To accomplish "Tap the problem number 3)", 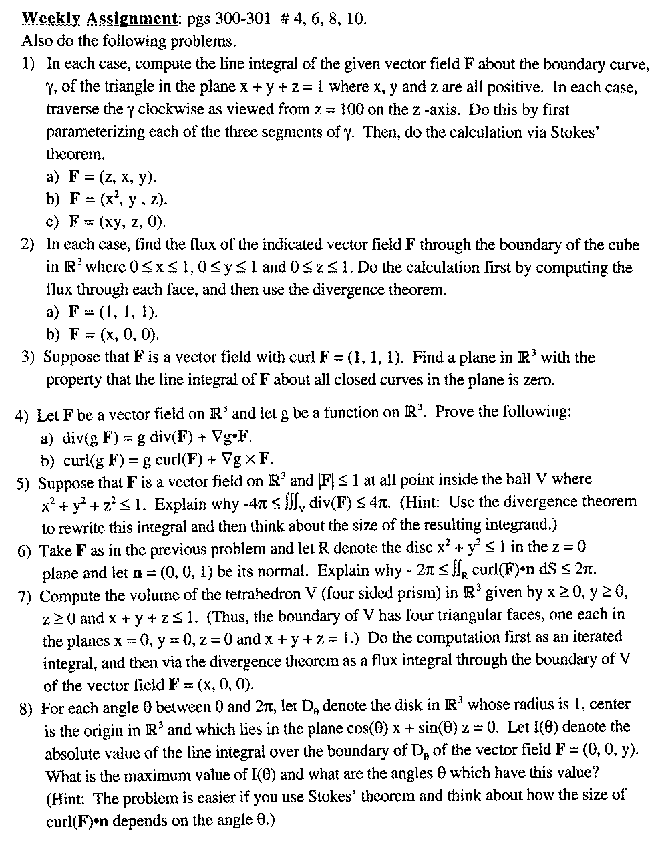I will pyautogui.click(x=27, y=357).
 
